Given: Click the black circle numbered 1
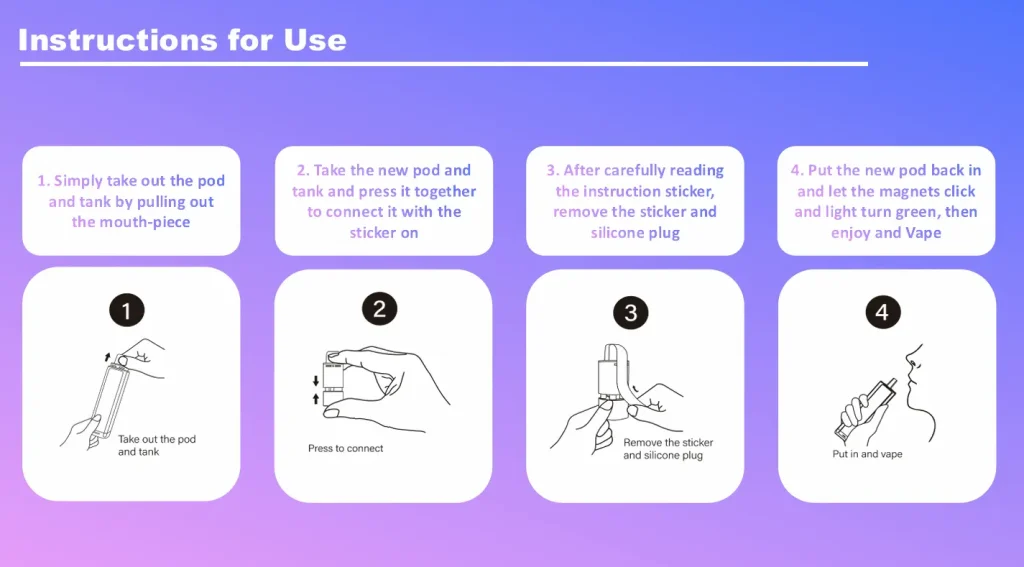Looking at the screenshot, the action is click(x=127, y=310).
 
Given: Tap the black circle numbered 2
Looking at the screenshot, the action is click(x=379, y=308).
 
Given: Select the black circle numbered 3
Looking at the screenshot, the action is click(x=631, y=312).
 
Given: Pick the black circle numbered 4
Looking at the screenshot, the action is click(x=883, y=312).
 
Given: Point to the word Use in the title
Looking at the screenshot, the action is click(x=315, y=40).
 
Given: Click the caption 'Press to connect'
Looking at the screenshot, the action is click(x=345, y=448).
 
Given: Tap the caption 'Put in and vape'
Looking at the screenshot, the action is click(x=867, y=454).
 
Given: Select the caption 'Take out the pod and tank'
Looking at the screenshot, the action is click(x=157, y=446).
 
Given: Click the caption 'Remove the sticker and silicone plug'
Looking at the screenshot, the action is click(x=668, y=449).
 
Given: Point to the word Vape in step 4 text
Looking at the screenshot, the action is click(x=923, y=233).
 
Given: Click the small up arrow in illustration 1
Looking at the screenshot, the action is click(x=108, y=357).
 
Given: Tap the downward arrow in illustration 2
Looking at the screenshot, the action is click(x=316, y=381).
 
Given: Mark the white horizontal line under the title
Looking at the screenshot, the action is click(x=444, y=64).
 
